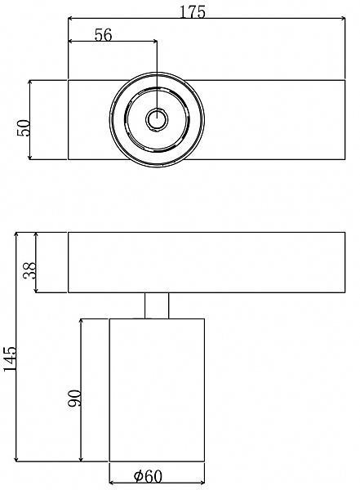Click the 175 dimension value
[193, 12]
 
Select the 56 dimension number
[103, 34]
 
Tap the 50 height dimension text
[24, 127]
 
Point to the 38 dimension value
[30, 270]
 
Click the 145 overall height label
[9, 359]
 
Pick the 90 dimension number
[74, 399]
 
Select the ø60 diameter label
[148, 476]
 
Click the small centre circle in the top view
[157, 119]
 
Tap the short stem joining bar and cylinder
[157, 305]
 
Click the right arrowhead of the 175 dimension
[343, 19]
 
